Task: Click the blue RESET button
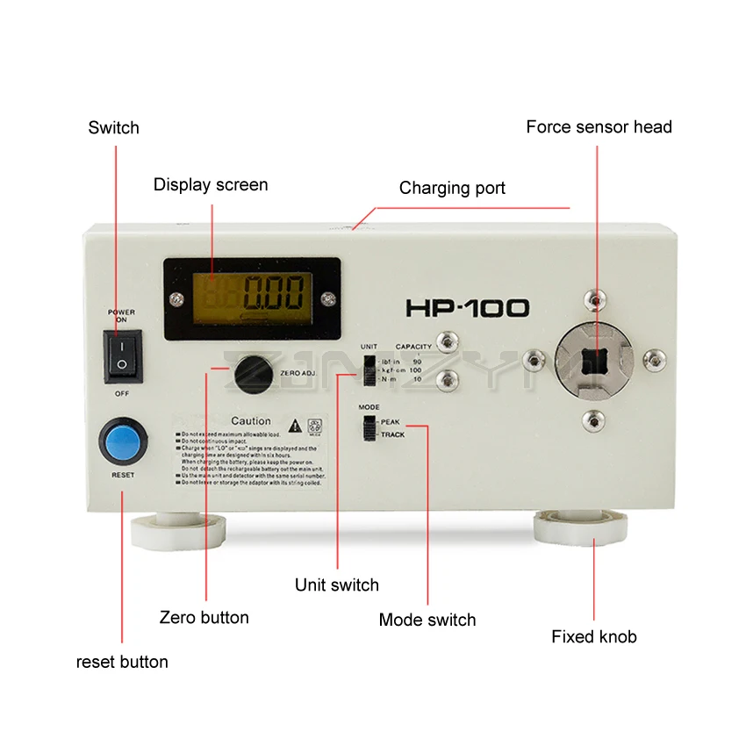click(x=122, y=441)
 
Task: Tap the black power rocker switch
click(x=122, y=356)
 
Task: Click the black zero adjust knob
click(x=253, y=373)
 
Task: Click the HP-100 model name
click(x=467, y=308)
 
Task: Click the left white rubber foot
click(x=178, y=529)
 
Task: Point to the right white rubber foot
click(x=581, y=526)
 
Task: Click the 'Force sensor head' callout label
click(x=599, y=127)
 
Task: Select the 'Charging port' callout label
click(x=452, y=188)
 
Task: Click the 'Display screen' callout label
click(x=211, y=184)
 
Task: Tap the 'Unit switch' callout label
click(x=337, y=585)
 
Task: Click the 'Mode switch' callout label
click(x=427, y=620)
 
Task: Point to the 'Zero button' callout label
click(x=204, y=617)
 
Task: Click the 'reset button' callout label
click(x=122, y=661)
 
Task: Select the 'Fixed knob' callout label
click(x=594, y=636)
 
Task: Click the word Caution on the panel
click(x=251, y=421)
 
